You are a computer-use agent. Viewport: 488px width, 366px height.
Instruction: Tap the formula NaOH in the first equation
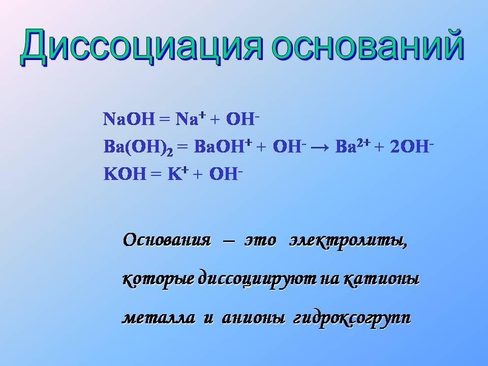coord(129,119)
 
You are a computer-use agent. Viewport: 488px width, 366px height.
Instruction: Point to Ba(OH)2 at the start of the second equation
coord(138,147)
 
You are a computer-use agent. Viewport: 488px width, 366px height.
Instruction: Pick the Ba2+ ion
coord(353,146)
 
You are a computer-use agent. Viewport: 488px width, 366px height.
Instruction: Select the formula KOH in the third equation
coord(125,174)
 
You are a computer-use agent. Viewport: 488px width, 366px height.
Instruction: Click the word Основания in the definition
coord(167,240)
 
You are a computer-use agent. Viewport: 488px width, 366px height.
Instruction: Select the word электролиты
coord(348,240)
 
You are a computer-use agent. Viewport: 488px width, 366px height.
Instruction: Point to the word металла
coord(159,318)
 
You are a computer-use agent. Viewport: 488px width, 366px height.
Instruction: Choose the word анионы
coord(253,318)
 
